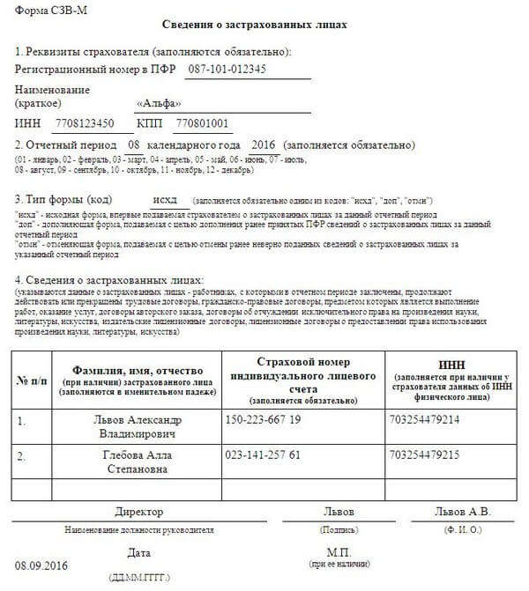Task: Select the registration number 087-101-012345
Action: coord(247,68)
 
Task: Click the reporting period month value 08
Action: coord(135,144)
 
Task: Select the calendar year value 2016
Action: coord(264,144)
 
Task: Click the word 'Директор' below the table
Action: coord(139,513)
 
